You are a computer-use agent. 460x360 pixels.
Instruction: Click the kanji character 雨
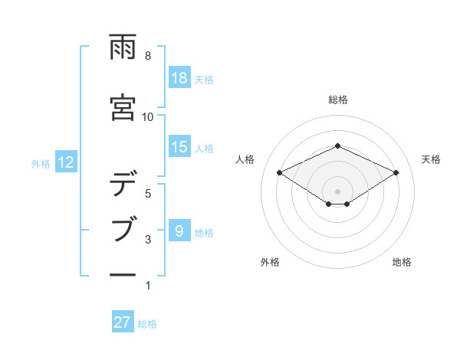click(x=123, y=48)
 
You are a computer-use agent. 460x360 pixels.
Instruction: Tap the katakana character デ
click(x=123, y=185)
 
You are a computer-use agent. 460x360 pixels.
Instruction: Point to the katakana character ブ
click(x=123, y=229)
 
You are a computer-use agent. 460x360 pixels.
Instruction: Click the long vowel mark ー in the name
click(x=123, y=274)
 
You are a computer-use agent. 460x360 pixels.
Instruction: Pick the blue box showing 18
click(x=179, y=77)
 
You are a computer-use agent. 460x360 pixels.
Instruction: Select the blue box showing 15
click(x=179, y=146)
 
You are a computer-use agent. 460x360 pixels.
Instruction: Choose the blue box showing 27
click(x=123, y=322)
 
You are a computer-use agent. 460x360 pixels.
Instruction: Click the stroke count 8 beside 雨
click(x=148, y=56)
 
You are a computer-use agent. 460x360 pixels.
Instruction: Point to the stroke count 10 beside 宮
click(x=148, y=116)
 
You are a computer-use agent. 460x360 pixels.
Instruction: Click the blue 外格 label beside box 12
click(x=41, y=163)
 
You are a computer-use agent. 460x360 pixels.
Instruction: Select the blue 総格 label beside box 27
click(x=147, y=324)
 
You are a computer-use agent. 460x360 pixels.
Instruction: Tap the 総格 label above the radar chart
click(x=337, y=100)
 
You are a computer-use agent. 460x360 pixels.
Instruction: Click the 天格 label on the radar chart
click(x=431, y=159)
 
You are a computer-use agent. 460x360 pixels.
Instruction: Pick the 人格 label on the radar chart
click(x=245, y=159)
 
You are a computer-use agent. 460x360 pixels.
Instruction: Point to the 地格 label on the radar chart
click(x=402, y=262)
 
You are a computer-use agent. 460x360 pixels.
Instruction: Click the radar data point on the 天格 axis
click(x=396, y=172)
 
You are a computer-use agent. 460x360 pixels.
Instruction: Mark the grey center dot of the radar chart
click(x=337, y=190)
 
